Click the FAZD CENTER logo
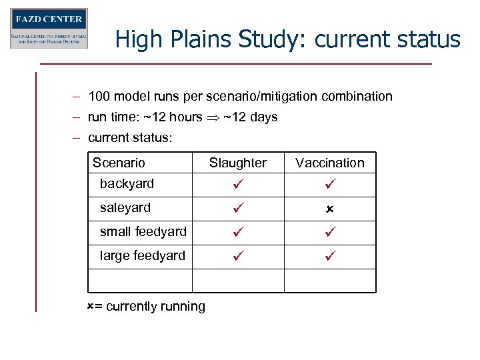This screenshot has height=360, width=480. (49, 29)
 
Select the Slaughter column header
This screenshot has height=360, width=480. (237, 163)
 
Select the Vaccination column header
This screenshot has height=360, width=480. (330, 163)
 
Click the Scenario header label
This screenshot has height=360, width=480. (119, 163)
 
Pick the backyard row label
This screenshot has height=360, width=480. (127, 183)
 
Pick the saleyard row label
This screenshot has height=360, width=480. (125, 207)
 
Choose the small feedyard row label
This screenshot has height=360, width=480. (143, 231)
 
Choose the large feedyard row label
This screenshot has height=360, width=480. (142, 255)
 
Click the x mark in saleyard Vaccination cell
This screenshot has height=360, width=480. (329, 209)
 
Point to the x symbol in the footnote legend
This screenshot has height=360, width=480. (91, 306)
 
